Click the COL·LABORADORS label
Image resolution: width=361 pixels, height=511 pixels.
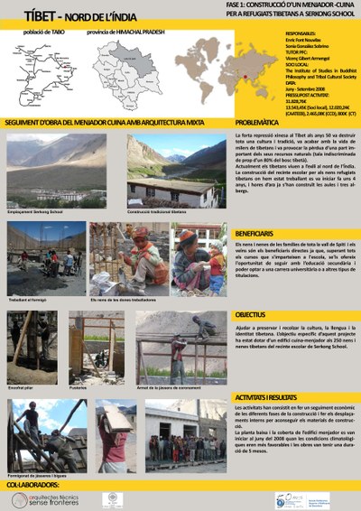[32, 485]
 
